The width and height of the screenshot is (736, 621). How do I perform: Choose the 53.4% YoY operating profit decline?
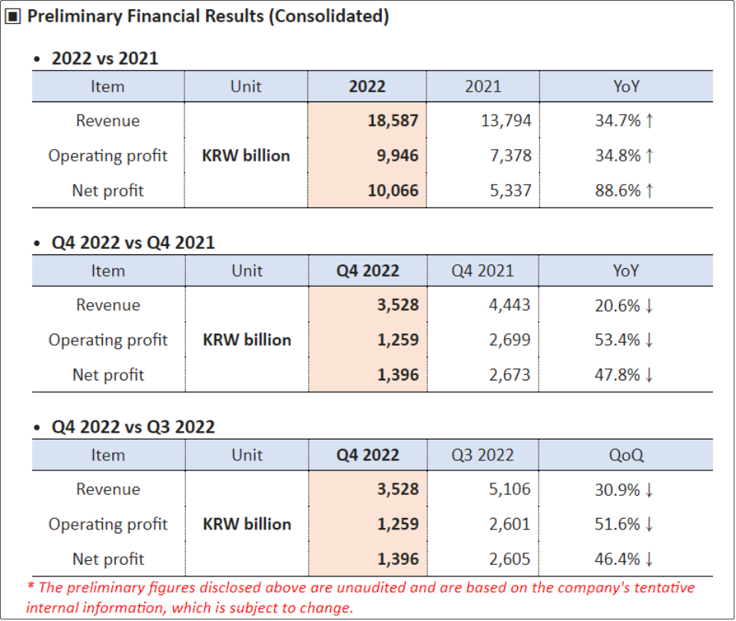(x=618, y=340)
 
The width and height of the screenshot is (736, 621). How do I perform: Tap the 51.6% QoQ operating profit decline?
(x=618, y=524)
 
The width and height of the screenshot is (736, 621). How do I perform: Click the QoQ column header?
(x=626, y=455)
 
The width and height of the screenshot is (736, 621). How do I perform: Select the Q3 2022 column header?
(x=482, y=455)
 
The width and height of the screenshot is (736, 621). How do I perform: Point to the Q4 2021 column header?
(x=482, y=271)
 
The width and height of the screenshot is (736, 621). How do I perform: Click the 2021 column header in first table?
(x=482, y=86)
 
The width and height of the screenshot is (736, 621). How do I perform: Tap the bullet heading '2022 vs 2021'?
(x=104, y=58)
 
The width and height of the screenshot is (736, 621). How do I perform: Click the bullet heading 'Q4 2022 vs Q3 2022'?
(x=133, y=427)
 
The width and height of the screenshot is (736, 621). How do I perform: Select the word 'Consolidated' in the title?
(x=328, y=16)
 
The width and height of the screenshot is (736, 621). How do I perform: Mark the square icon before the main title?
(x=13, y=17)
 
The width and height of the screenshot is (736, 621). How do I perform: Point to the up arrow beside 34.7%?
(x=650, y=121)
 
